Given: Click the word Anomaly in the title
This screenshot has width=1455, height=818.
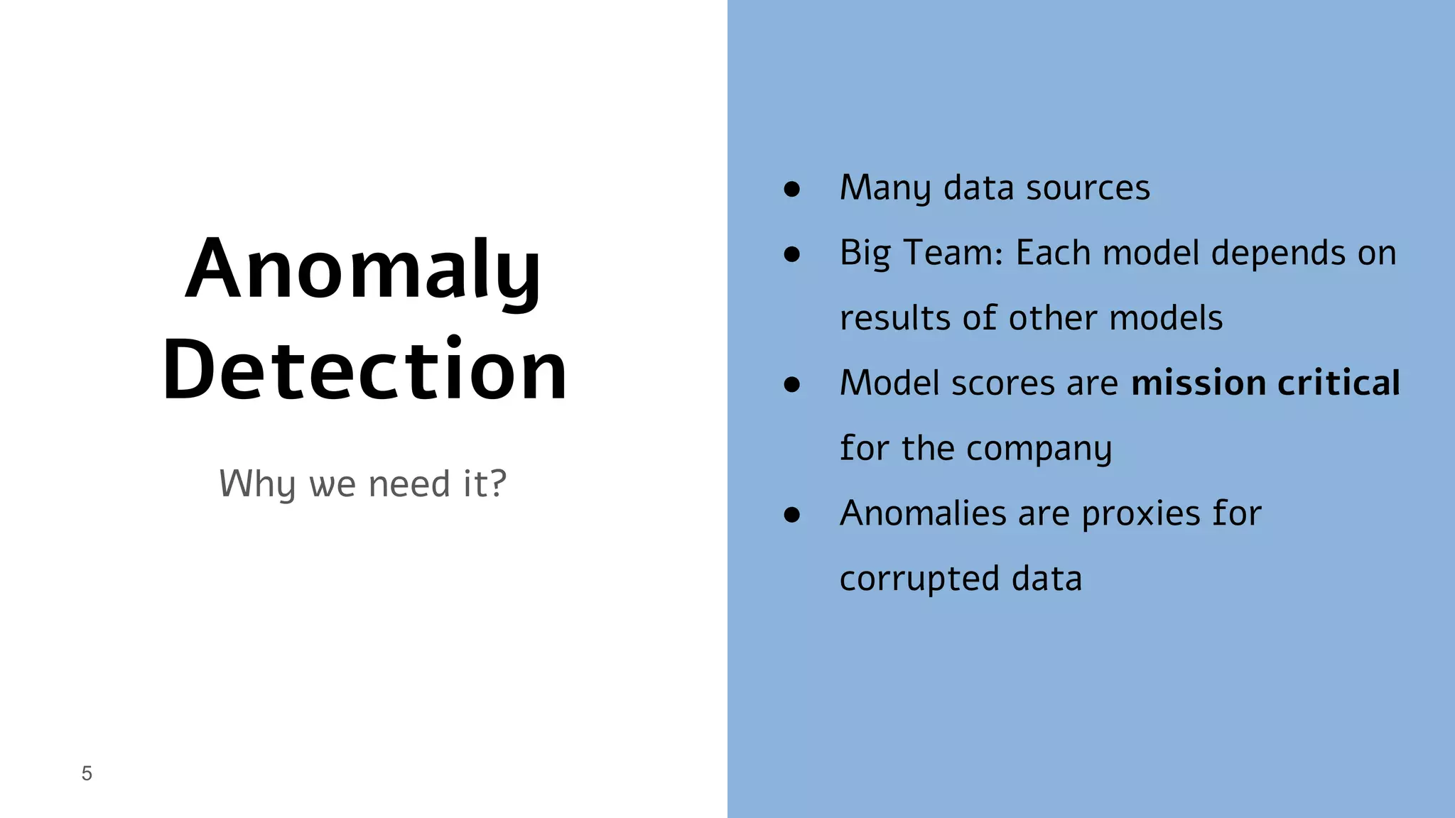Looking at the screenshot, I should (x=362, y=271).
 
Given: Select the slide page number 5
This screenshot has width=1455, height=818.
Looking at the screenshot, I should (x=87, y=773).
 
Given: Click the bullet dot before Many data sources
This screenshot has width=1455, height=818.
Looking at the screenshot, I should (x=791, y=189).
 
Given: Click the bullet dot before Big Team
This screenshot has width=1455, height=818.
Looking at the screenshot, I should (x=791, y=254).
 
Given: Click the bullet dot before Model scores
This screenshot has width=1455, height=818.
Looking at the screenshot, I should (x=791, y=384).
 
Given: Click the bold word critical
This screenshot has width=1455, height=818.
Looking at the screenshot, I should (x=1338, y=383).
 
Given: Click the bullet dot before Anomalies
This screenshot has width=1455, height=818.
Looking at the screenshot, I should (x=791, y=515).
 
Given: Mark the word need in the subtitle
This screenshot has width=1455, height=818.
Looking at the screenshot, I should (x=409, y=484).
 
